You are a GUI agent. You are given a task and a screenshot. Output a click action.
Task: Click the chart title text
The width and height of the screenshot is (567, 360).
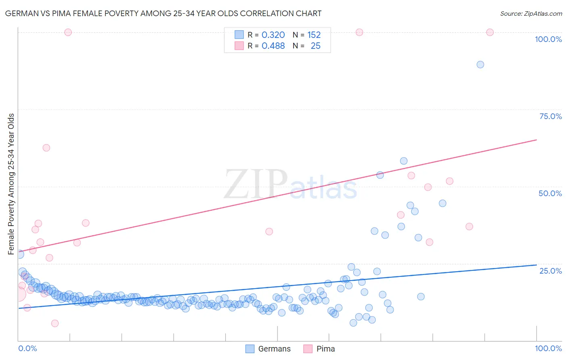163,13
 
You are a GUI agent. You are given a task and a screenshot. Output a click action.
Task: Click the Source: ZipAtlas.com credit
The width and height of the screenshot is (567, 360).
531,13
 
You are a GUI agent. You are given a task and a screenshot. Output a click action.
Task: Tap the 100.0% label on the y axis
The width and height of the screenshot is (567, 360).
548,39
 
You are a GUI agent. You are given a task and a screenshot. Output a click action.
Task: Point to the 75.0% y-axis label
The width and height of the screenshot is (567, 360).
550,116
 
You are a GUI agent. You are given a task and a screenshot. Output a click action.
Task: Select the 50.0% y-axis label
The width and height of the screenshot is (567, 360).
550,193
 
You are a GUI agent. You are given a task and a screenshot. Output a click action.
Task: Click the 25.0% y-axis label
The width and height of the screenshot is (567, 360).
550,270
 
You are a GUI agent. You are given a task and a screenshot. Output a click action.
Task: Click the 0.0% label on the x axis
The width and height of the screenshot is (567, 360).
27,348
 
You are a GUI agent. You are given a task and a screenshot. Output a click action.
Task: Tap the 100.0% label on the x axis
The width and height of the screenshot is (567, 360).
548,348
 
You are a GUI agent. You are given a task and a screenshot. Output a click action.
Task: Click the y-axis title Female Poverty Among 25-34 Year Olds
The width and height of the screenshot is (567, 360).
11,184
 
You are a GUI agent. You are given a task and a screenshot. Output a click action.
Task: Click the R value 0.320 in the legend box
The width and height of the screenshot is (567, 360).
273,35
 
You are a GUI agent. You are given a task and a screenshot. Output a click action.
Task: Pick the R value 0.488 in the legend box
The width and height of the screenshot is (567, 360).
273,46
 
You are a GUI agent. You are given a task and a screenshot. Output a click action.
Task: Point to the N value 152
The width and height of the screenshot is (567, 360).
314,35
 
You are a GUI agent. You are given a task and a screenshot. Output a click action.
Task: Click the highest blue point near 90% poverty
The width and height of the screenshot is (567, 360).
480,65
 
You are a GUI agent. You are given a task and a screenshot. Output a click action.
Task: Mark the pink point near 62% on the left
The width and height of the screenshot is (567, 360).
46,148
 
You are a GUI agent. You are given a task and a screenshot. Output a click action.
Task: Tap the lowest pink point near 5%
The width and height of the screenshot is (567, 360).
55,323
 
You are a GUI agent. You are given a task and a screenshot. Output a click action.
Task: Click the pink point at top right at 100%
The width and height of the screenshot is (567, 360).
490,32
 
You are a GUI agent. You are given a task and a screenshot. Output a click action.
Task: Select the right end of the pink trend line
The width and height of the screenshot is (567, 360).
536,140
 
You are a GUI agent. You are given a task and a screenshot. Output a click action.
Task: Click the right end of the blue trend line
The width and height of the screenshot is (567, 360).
536,265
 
